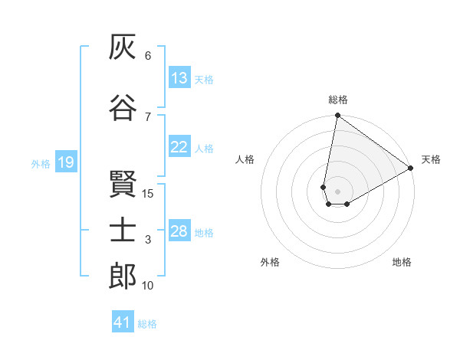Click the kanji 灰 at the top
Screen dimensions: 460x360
point(123,47)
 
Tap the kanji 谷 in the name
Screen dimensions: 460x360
point(123,107)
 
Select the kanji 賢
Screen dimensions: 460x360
point(123,184)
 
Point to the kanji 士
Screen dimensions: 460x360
point(123,229)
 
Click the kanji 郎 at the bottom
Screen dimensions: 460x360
point(123,276)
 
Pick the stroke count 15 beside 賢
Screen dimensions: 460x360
point(147,194)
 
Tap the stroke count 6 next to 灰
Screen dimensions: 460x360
point(148,56)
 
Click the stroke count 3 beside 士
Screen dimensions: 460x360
point(148,240)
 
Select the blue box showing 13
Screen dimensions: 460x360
point(179,77)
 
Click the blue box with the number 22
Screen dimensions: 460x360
point(179,146)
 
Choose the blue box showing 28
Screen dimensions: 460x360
point(179,230)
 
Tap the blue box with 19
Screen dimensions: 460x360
point(66,162)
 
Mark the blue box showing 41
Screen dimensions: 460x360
point(123,321)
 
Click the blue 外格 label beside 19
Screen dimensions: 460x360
point(41,164)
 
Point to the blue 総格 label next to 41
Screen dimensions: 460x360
point(147,324)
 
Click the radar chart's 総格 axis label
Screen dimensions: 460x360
point(338,100)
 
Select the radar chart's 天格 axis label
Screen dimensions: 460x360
point(431,159)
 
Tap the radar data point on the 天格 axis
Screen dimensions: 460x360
point(410,168)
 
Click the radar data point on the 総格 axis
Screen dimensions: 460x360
point(337,115)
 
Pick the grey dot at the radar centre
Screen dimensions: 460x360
point(337,191)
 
